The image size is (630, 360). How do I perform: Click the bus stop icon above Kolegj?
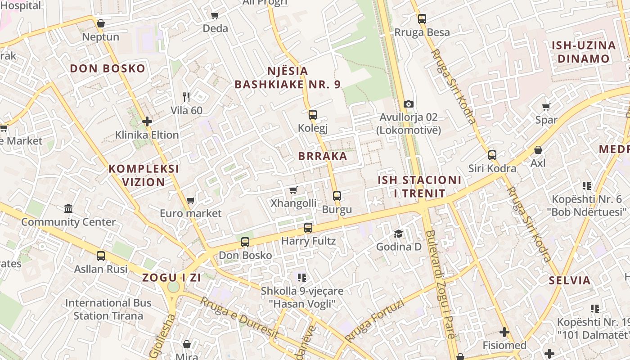click(313, 114)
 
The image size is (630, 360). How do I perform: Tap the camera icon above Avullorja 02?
click(409, 104)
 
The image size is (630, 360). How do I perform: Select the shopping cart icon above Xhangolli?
click(293, 190)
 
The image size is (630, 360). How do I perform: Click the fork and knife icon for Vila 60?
click(186, 97)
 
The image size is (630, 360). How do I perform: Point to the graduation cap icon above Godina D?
click(399, 234)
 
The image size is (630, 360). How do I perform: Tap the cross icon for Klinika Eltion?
click(147, 121)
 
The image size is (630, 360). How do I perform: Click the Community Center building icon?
click(68, 208)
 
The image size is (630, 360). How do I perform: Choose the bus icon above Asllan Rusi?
click(101, 256)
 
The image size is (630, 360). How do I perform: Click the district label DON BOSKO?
click(108, 69)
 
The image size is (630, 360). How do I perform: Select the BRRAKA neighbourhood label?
click(323, 157)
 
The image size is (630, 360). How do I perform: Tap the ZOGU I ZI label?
click(172, 278)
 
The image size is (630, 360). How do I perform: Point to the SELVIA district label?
click(569, 281)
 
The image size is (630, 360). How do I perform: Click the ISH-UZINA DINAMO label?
click(583, 52)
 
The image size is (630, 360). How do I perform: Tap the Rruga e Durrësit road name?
click(239, 318)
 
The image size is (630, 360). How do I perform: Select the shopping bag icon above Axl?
click(538, 150)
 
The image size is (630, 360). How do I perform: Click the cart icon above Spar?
click(546, 107)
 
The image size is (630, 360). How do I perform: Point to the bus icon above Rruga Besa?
click(422, 18)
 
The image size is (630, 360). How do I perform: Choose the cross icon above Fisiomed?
click(504, 332)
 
